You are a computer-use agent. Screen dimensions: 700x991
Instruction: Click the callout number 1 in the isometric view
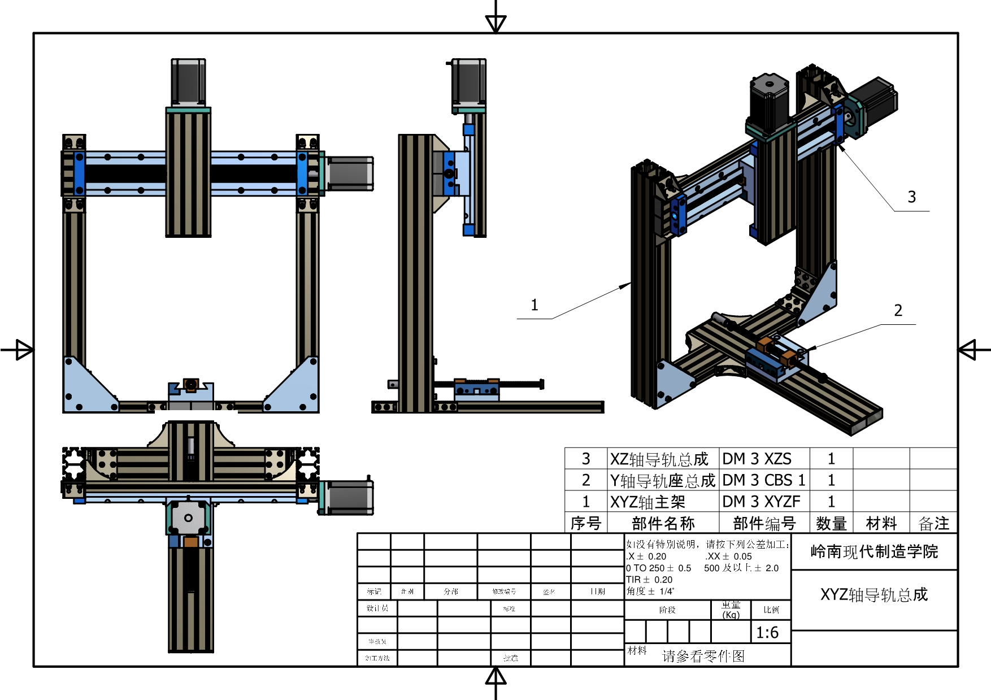pyautogui.click(x=534, y=306)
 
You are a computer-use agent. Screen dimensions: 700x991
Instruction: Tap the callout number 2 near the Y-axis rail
pyautogui.click(x=898, y=310)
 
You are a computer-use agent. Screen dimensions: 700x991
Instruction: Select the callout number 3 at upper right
pyautogui.click(x=911, y=197)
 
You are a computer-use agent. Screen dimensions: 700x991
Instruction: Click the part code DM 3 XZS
pyautogui.click(x=757, y=459)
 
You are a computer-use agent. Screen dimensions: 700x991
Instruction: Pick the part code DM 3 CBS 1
pyautogui.click(x=763, y=480)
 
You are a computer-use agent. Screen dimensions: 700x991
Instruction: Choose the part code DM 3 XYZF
pyautogui.click(x=761, y=502)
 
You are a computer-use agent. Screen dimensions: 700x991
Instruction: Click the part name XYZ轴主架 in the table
pyautogui.click(x=647, y=502)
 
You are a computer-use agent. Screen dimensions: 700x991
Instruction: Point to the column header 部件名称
pyautogui.click(x=663, y=524)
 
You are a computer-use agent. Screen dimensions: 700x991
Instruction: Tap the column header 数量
pyautogui.click(x=831, y=524)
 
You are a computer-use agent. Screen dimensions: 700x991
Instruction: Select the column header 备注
pyautogui.click(x=933, y=524)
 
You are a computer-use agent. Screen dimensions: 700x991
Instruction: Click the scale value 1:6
pyautogui.click(x=767, y=633)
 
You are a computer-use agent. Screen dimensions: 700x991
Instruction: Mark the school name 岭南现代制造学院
pyautogui.click(x=874, y=551)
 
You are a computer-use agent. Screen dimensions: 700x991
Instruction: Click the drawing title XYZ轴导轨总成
pyautogui.click(x=874, y=594)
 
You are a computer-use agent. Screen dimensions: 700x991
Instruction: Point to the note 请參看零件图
pyautogui.click(x=703, y=656)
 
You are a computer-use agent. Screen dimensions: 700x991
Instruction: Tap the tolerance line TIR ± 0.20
pyautogui.click(x=649, y=580)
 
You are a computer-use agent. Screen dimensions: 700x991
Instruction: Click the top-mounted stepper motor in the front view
pyautogui.click(x=188, y=82)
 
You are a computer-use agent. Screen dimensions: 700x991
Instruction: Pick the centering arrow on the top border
pyautogui.click(x=495, y=23)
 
